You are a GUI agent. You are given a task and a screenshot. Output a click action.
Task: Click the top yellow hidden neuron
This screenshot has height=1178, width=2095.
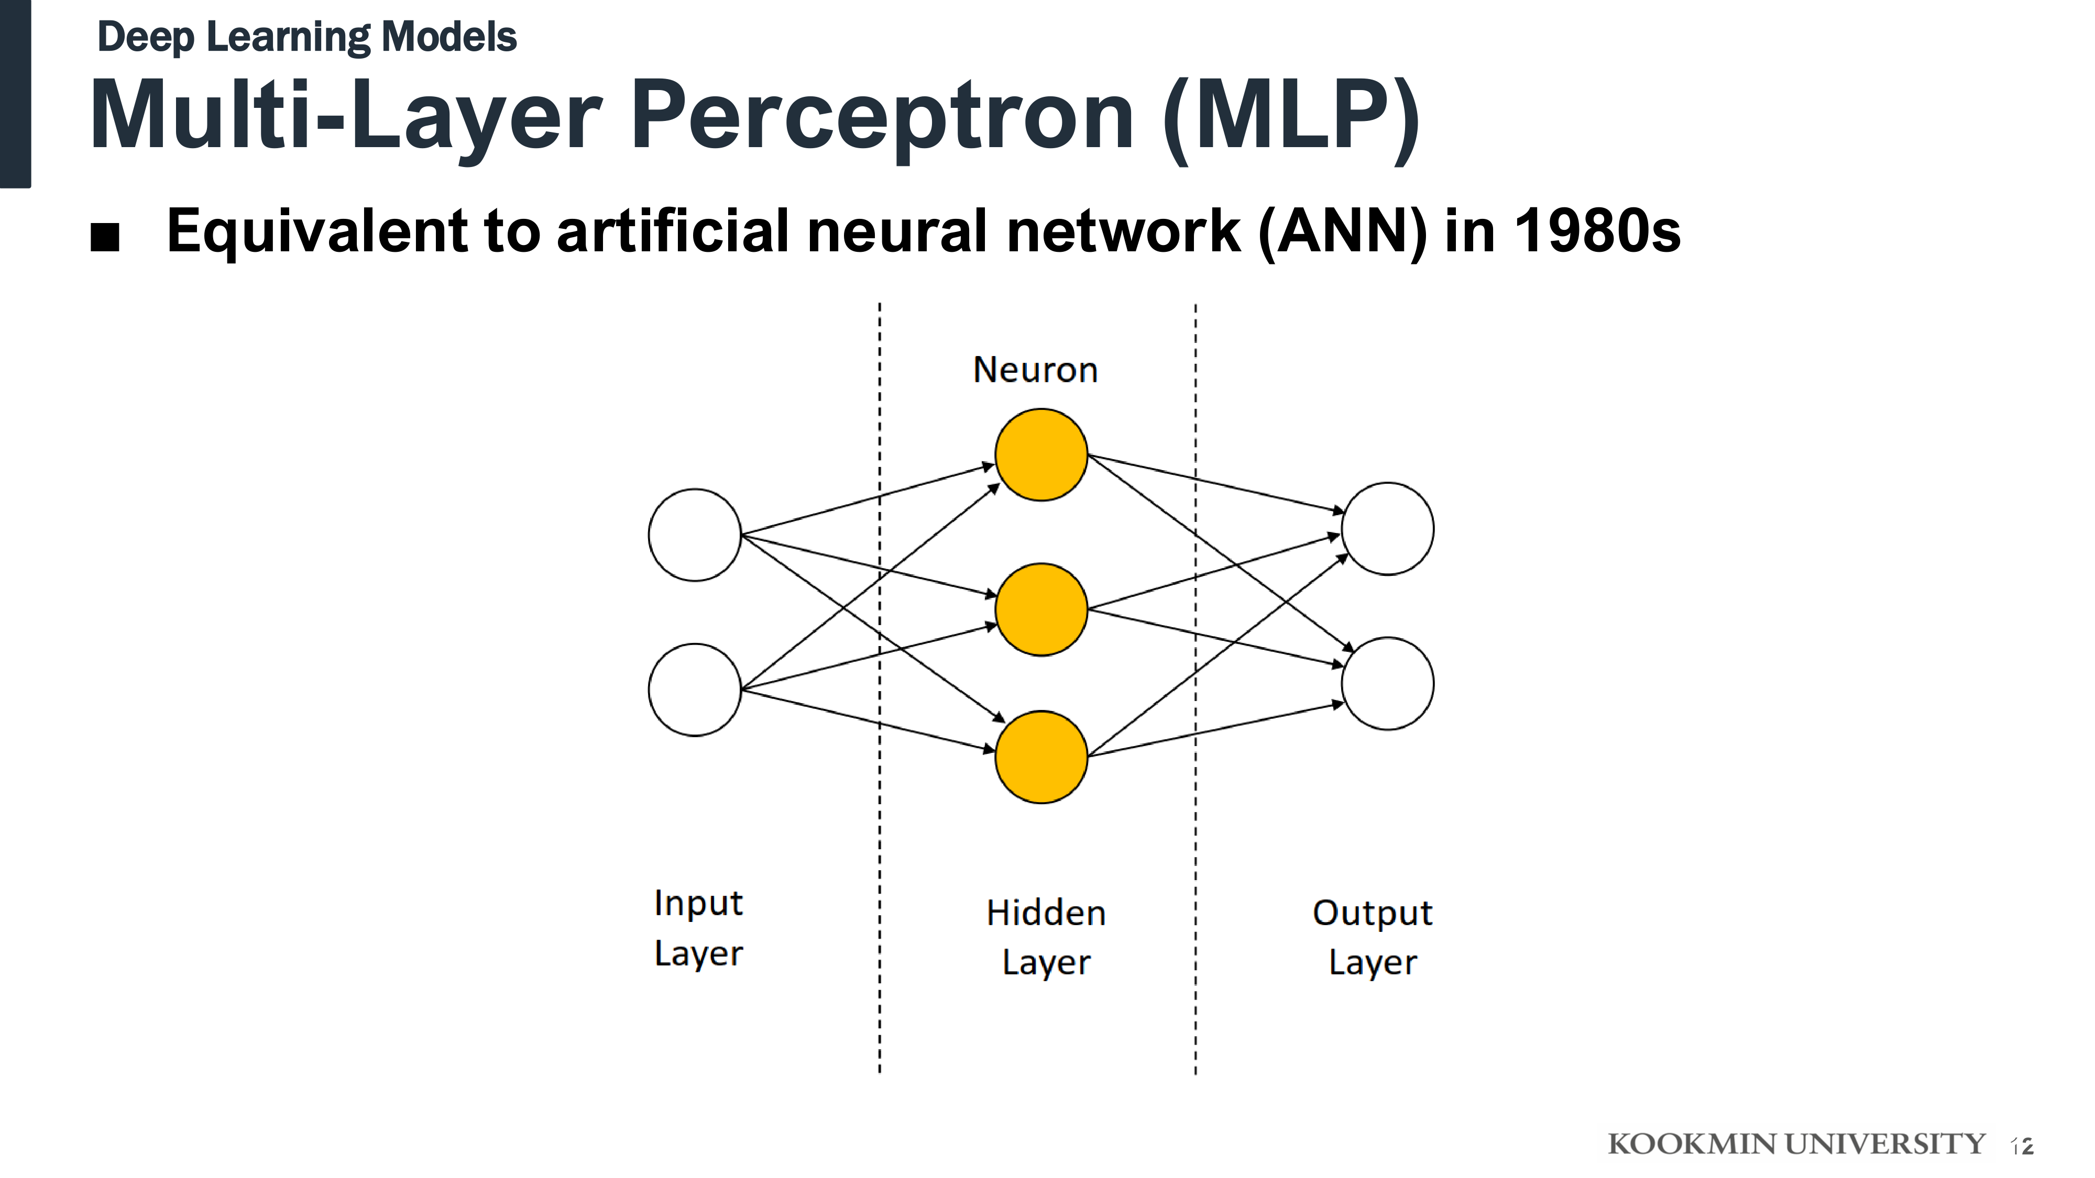[x=1041, y=454]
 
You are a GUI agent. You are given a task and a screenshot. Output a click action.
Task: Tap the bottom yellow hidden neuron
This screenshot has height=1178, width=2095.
[x=1041, y=757]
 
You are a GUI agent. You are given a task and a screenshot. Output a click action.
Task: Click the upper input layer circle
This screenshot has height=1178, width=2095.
[x=695, y=535]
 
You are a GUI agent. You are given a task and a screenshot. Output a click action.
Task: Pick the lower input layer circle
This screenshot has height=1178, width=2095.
[x=695, y=690]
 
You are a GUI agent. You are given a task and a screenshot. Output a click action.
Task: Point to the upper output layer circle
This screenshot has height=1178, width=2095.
[x=1387, y=528]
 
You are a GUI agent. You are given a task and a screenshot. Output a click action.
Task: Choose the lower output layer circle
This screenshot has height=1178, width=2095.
[x=1387, y=683]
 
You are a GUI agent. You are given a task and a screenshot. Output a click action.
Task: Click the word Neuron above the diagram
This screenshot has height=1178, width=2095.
[x=1035, y=370]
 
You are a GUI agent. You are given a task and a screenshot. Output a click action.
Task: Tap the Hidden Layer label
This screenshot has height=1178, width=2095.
[x=1046, y=937]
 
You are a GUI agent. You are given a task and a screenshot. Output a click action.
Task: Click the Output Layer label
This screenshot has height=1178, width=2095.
[x=1373, y=937]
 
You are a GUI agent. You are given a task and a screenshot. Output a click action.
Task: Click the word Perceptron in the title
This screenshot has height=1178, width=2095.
[x=882, y=116]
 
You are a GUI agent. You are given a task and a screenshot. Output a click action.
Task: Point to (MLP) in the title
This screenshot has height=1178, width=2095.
[x=1291, y=116]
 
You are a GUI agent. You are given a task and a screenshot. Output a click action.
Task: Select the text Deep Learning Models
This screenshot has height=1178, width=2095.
[x=306, y=37]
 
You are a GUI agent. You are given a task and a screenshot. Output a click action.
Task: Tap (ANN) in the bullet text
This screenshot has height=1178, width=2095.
[x=1342, y=231]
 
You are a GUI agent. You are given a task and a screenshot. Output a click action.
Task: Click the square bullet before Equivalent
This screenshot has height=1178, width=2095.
[x=105, y=237]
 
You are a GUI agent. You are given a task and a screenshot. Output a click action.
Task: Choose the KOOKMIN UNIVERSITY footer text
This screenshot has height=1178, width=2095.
[x=1796, y=1144]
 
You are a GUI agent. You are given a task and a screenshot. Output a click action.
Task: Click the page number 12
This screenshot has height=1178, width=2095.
[x=2022, y=1146]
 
